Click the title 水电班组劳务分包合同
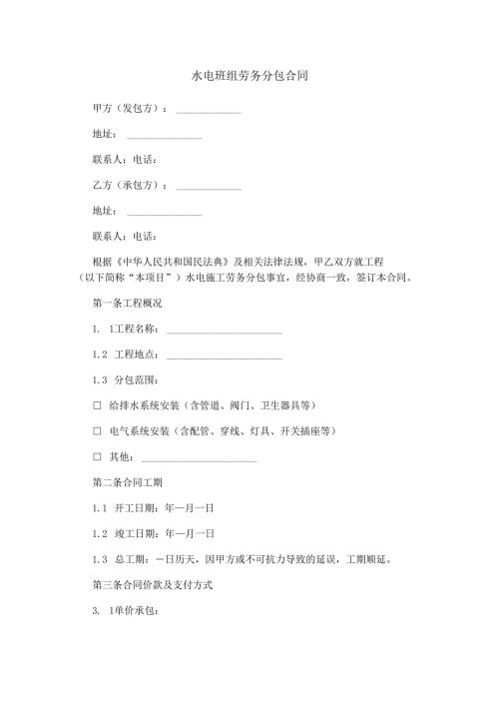(249, 75)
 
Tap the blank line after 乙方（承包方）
(208, 186)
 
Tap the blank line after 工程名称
(224, 330)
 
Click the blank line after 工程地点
(224, 355)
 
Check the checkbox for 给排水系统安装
(97, 406)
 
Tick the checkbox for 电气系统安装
(97, 432)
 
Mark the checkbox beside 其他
(97, 457)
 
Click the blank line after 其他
(200, 459)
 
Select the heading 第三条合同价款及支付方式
(151, 585)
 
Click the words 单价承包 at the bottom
(133, 611)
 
